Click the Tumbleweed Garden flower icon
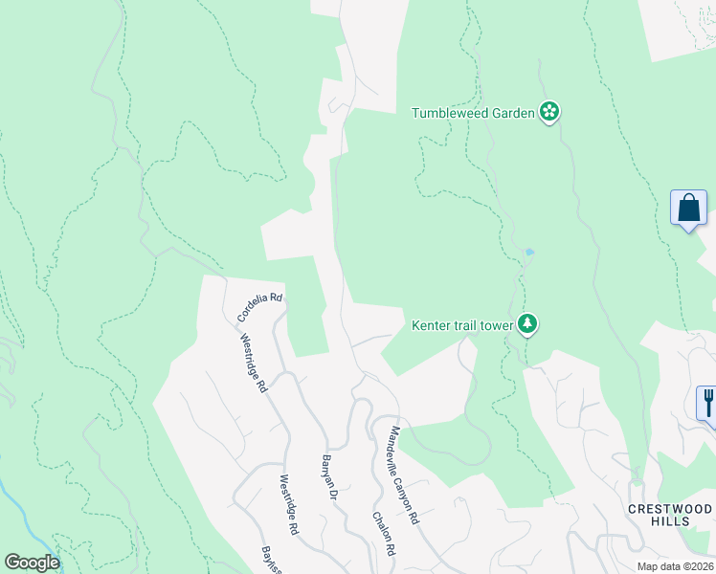pyautogui.click(x=549, y=113)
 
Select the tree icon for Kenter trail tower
pyautogui.click(x=526, y=325)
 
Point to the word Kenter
pyautogui.click(x=431, y=325)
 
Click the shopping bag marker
pyautogui.click(x=689, y=208)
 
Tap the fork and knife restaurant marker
pyautogui.click(x=708, y=402)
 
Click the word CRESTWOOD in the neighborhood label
pyautogui.click(x=670, y=508)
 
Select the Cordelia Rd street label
pyautogui.click(x=260, y=308)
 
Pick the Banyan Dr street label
pyautogui.click(x=328, y=475)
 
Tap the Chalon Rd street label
pyautogui.click(x=383, y=533)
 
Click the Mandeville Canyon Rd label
pyautogui.click(x=402, y=475)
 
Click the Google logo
pyautogui.click(x=32, y=563)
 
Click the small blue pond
pyautogui.click(x=528, y=253)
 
